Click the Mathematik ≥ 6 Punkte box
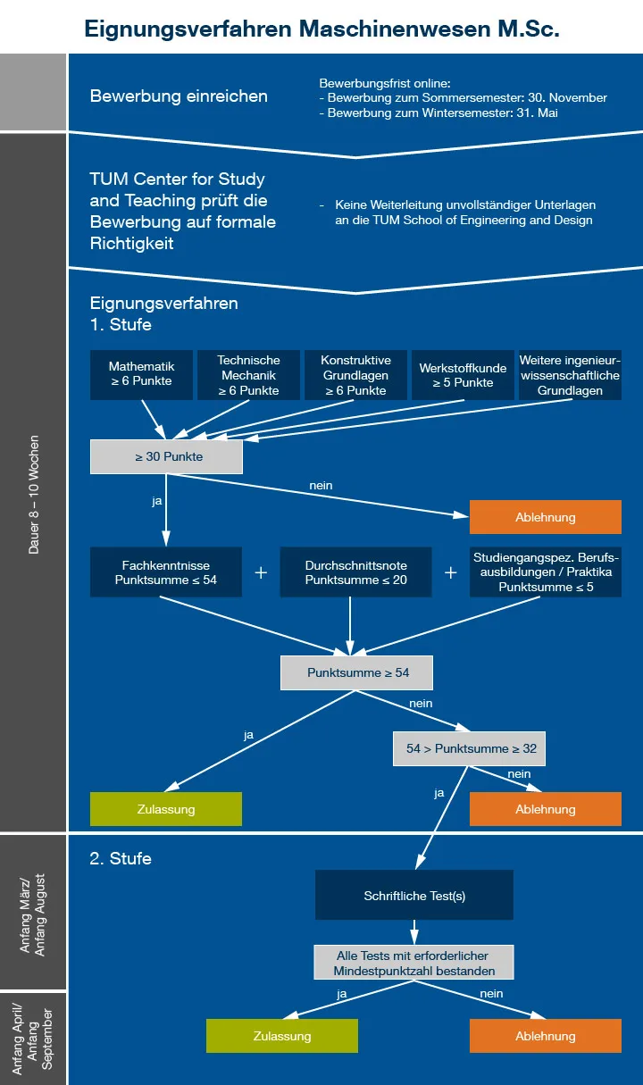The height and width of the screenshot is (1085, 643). [x=141, y=375]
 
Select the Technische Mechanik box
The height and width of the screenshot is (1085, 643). [x=248, y=375]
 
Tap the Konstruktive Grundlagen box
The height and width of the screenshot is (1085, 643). [x=355, y=375]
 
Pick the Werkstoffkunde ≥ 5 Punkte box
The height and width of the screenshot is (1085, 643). [x=463, y=375]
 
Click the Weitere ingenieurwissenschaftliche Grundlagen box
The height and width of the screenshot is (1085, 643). [x=570, y=375]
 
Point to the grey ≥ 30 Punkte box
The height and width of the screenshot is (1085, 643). [x=166, y=456]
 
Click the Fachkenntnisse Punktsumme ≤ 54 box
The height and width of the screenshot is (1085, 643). [x=166, y=572]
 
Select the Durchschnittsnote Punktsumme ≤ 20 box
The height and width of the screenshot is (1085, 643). [x=355, y=572]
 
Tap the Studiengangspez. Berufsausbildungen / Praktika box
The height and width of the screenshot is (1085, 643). [x=546, y=572]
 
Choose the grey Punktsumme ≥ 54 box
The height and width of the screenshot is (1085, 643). [x=356, y=672]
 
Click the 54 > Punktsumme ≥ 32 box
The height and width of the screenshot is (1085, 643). [x=469, y=748]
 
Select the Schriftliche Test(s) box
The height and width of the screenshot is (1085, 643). [x=414, y=895]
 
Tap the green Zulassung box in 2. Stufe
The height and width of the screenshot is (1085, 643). [x=282, y=1036]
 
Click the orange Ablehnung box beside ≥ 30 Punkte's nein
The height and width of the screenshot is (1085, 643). [x=546, y=517]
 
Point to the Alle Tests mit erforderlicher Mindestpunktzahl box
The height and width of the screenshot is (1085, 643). [x=413, y=963]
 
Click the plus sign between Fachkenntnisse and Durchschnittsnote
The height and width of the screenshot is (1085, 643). [x=261, y=572]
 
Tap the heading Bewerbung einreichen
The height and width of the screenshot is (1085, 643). [x=179, y=96]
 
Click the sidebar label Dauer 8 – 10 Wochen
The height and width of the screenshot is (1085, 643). [x=34, y=495]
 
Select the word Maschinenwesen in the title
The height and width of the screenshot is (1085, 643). [x=395, y=29]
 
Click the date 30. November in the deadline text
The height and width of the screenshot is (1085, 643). [x=567, y=97]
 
